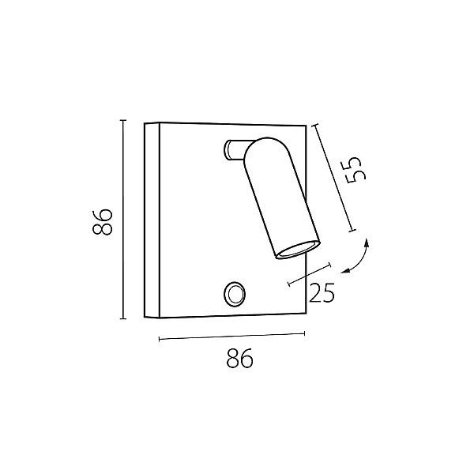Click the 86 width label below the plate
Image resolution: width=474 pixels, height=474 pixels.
(x=239, y=358)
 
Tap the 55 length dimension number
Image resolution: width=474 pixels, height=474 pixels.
(x=355, y=170)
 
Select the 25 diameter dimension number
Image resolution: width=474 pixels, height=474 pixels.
(x=322, y=292)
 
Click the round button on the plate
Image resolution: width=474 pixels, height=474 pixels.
(x=235, y=294)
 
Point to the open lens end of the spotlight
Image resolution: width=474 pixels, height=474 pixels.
(x=298, y=250)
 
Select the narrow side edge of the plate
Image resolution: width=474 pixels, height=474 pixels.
(x=152, y=220)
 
